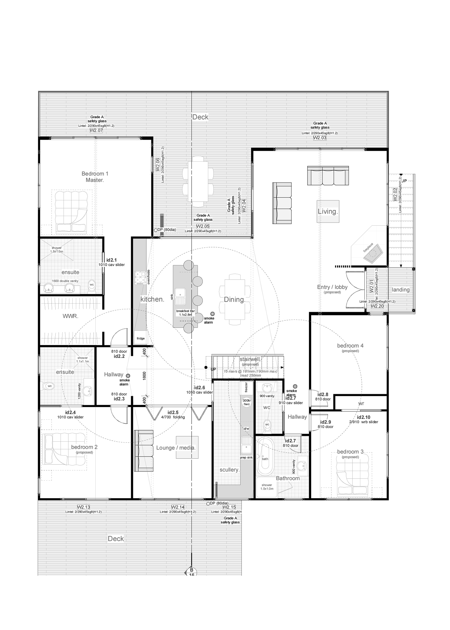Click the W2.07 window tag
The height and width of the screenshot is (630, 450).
tap(96, 130)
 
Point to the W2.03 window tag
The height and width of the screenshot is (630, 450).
tap(320, 138)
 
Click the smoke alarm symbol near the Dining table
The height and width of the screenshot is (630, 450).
tap(212, 313)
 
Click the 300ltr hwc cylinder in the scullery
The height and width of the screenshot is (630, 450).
tap(247, 402)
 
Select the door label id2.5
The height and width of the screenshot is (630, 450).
tap(173, 412)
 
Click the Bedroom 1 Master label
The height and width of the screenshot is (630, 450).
tap(95, 177)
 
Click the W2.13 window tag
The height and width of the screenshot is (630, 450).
tap(83, 507)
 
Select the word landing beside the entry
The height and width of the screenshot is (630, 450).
tap(400, 290)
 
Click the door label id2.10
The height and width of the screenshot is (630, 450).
tap(364, 417)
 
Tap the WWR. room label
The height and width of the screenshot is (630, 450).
tap(70, 316)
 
